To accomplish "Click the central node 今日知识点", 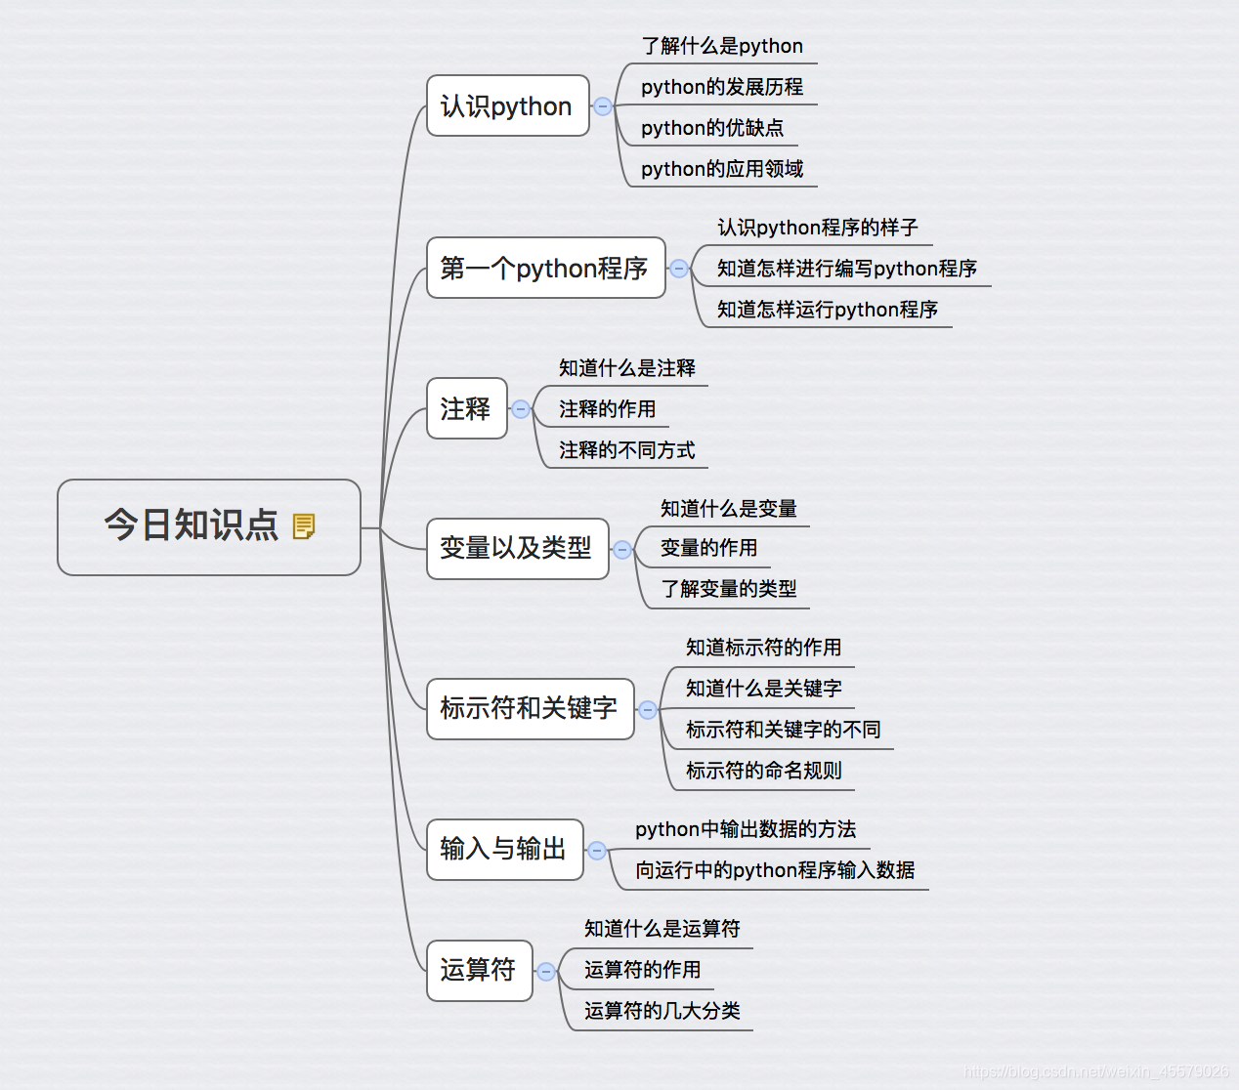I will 192,525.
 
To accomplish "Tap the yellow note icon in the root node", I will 304,526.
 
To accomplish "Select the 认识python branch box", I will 507,105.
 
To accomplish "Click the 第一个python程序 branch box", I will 544,268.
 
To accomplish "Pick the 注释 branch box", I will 466,408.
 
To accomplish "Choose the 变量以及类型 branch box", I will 516,548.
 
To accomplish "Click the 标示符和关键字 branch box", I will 529,708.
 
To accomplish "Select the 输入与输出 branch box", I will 503,849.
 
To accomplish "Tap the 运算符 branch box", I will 478,970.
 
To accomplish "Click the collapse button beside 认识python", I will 603,106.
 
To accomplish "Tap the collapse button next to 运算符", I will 546,972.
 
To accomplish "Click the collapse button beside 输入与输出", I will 597,851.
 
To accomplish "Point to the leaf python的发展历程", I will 721,87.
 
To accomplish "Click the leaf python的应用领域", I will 721,169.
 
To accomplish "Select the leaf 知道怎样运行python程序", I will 827,310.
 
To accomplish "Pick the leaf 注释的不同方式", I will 626,450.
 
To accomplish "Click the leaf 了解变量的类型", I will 728,589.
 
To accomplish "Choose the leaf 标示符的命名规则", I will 763,771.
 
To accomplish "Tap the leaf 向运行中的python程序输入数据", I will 774,870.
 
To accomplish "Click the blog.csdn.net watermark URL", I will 1095,1071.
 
